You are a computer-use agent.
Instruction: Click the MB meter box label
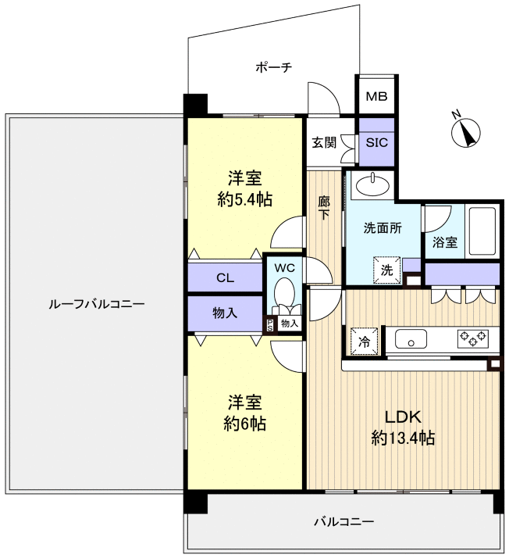click(x=376, y=96)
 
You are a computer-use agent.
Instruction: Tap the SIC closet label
click(x=377, y=143)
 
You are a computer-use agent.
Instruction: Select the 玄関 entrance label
click(x=324, y=143)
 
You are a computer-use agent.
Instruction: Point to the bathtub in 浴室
click(x=482, y=231)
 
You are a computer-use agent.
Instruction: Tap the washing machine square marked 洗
click(x=387, y=270)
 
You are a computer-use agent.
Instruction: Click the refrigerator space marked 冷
click(x=364, y=342)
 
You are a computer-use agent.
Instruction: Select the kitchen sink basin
click(x=411, y=339)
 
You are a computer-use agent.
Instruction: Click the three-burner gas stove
click(x=473, y=338)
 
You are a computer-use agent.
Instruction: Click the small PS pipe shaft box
click(x=270, y=325)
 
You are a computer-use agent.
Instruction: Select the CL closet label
click(x=226, y=277)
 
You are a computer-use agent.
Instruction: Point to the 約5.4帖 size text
click(x=245, y=200)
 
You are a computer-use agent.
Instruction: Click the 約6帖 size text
click(x=245, y=424)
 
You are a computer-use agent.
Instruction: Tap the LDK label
click(x=403, y=417)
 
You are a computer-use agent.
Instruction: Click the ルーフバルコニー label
click(x=97, y=304)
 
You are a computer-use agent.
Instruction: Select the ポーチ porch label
click(x=274, y=67)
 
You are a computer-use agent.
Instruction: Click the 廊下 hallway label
click(x=324, y=208)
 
